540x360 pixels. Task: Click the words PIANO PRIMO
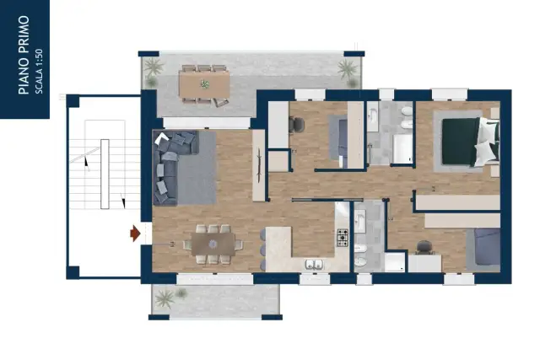click(24, 55)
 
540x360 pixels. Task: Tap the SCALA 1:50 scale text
click(40, 72)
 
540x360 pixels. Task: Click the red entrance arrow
click(135, 234)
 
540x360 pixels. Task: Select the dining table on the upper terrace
click(204, 83)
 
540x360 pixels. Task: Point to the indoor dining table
click(213, 244)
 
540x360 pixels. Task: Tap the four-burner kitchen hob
click(343, 238)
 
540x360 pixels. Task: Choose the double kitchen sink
click(314, 265)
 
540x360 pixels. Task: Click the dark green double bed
click(470, 141)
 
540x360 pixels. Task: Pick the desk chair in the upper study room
click(296, 125)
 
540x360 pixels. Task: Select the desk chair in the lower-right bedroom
click(424, 248)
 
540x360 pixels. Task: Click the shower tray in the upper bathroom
click(402, 148)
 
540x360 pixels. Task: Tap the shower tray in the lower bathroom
click(395, 262)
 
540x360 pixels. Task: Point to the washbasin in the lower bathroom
click(361, 220)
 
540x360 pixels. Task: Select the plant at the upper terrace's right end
click(347, 70)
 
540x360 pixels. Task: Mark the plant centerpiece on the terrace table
click(205, 84)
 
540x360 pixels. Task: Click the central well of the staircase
click(105, 174)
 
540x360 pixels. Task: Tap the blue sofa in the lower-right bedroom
click(487, 247)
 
